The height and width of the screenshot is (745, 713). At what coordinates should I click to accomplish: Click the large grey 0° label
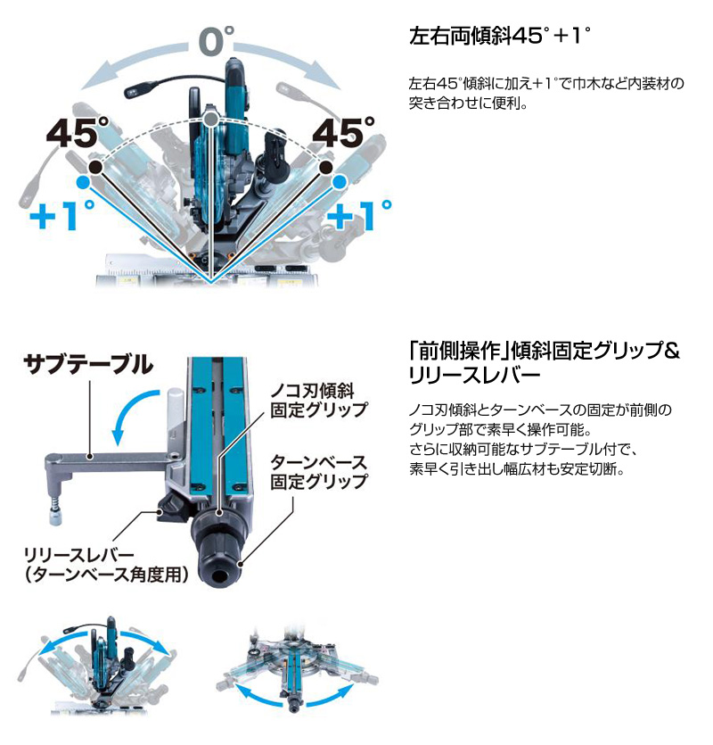point(217,41)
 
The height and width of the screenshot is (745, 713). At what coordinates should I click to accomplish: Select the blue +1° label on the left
point(62,215)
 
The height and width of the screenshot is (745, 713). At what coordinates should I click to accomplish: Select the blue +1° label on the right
point(359,215)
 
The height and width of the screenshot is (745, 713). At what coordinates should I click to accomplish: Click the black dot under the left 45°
point(96,167)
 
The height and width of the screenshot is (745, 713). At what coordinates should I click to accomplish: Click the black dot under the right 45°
point(325,167)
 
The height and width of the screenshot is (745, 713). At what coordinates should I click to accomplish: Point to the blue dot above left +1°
point(83,182)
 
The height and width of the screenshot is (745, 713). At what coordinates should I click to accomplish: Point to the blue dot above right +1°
point(339,182)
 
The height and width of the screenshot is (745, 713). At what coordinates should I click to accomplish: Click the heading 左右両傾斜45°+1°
point(500,36)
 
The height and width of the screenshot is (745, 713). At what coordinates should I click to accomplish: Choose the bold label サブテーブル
point(88,365)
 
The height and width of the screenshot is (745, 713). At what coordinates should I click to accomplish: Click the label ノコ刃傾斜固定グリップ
point(319,401)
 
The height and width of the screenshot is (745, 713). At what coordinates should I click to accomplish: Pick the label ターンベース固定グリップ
point(319,472)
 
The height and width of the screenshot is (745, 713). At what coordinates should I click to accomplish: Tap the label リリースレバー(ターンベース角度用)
point(106,564)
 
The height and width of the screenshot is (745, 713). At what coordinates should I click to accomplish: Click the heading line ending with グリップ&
point(545,351)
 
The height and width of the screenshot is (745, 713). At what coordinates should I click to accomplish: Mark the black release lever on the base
point(174,508)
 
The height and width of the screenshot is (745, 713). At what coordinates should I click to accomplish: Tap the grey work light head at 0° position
point(135,91)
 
